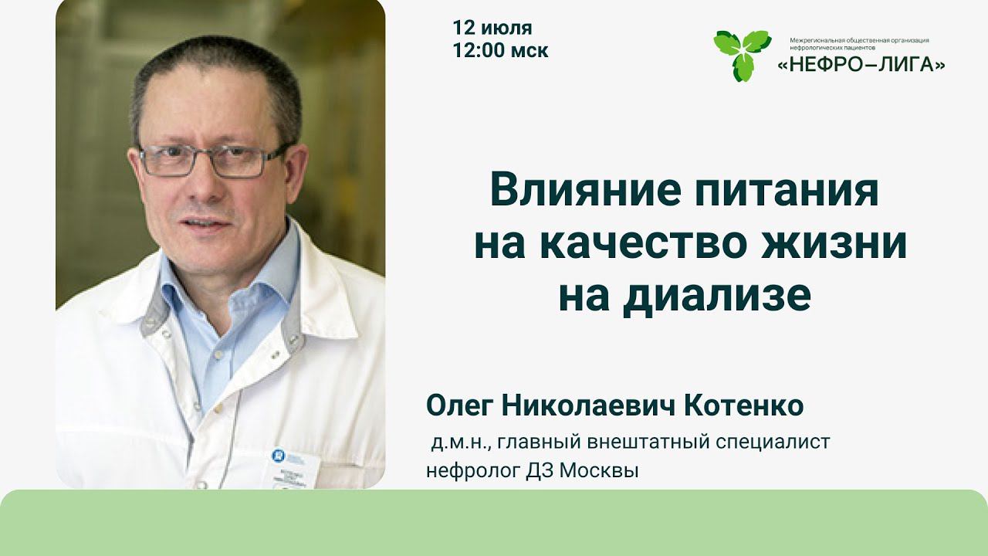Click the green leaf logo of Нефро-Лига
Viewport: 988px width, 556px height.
741,54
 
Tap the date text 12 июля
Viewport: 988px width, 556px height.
492,29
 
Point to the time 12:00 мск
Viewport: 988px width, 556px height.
501,51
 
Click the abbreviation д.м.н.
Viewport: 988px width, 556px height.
458,442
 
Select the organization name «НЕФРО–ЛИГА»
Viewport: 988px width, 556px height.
861,66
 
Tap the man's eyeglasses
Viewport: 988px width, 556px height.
212,161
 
